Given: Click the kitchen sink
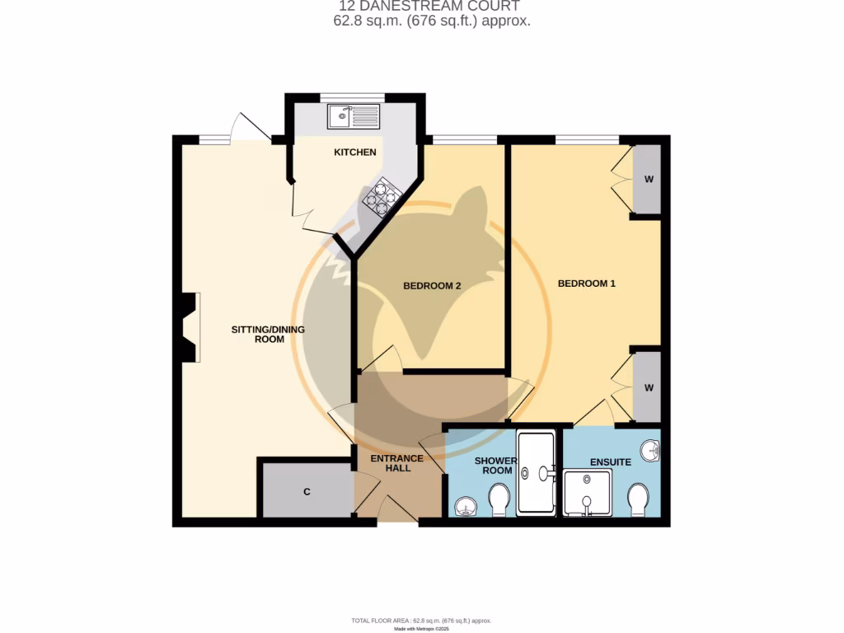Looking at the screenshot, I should (x=353, y=116).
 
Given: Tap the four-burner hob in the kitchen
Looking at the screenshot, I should (x=381, y=197).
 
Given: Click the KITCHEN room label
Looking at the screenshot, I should (x=354, y=152).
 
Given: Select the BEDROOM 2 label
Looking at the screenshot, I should (x=431, y=286).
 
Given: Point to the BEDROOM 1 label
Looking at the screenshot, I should (x=587, y=284).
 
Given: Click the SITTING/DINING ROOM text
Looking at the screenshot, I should (x=268, y=334).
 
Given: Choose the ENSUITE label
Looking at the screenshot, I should (x=611, y=462).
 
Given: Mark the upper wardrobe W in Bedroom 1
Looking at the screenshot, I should (x=648, y=181).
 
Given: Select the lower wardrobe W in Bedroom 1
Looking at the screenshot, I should (x=648, y=388).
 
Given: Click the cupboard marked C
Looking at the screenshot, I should (x=307, y=492).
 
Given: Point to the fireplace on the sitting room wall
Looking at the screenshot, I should (x=189, y=327).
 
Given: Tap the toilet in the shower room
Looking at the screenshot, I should (x=499, y=499).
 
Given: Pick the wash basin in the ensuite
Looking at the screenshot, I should (x=652, y=451).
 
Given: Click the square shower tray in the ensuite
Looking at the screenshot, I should (x=588, y=493).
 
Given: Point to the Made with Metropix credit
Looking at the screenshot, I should (x=421, y=628).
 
